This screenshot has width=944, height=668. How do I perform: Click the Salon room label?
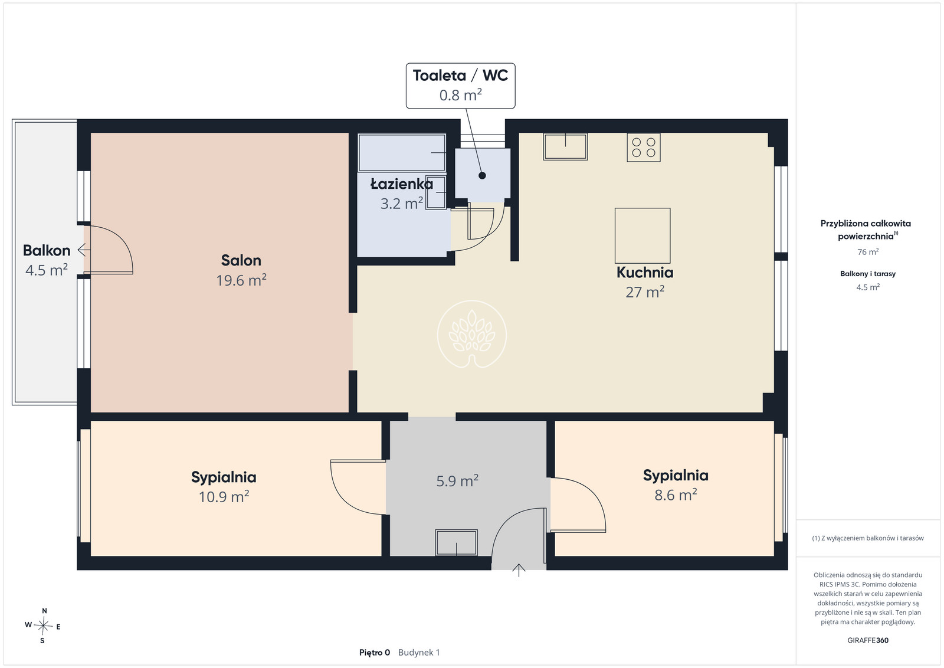pos(241,260)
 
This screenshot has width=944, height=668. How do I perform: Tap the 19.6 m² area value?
pos(241,280)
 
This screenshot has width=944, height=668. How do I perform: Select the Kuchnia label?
pos(645,272)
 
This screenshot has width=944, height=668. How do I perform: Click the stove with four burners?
pos(644,148)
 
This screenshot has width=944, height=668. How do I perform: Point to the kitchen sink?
pos(566,147)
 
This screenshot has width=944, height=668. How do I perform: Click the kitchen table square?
pos(643,235)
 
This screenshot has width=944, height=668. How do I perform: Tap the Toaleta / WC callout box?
pos(460,86)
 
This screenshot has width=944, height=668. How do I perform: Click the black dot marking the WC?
pos(482,176)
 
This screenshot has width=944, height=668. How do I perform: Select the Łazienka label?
pos(402,184)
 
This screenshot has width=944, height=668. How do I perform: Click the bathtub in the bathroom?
pos(402,153)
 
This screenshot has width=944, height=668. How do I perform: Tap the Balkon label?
pos(47,250)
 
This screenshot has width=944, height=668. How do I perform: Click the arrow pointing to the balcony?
pos(84,250)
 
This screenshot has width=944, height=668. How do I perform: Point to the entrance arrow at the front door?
pos(519,570)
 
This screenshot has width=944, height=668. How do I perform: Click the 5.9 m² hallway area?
pos(457,481)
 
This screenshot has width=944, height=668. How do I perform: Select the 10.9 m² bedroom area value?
pos(224,496)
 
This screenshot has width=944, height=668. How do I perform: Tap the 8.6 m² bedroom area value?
pos(676,495)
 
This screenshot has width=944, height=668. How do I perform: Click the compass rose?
pos(43,626)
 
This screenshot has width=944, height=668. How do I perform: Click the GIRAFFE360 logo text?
pos(868,640)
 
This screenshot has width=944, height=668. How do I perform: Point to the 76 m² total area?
pos(868,251)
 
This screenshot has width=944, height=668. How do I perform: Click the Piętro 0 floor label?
pos(374,653)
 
